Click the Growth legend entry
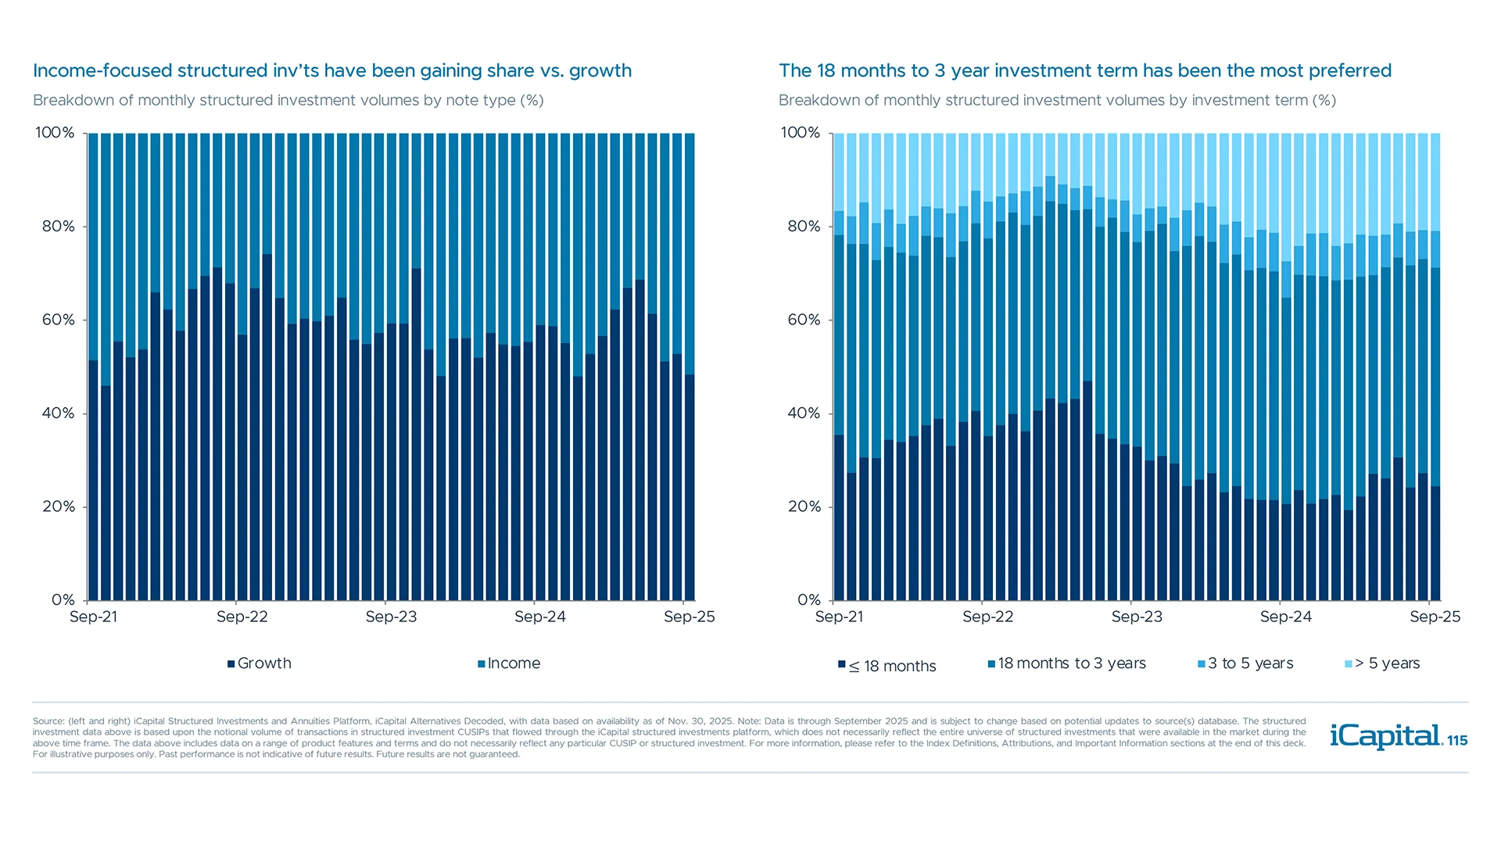tap(260, 663)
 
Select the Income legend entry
tap(509, 663)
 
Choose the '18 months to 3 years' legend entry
tap(1067, 663)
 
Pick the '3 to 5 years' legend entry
tap(1245, 663)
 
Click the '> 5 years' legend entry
tap(1382, 663)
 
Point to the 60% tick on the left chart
tap(59, 320)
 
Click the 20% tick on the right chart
tap(804, 506)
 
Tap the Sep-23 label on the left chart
tap(391, 617)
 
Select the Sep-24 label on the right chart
tap(1285, 617)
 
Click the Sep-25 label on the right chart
tap(1435, 617)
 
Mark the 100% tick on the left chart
tap(55, 133)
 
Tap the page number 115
tap(1457, 741)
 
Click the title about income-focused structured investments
tap(332, 70)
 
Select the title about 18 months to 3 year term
tap(1085, 70)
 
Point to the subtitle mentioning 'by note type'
tap(288, 100)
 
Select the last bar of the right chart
tap(1435, 391)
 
